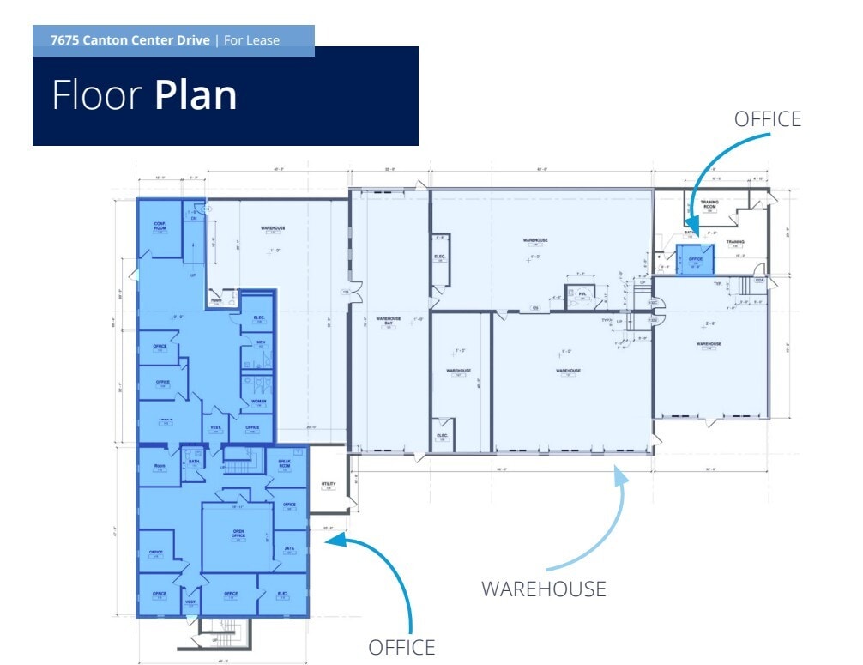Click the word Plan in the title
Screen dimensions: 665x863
pos(196,95)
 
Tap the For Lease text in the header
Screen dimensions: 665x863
pos(251,40)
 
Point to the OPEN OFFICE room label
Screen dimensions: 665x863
pos(238,534)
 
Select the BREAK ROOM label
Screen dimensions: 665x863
pos(285,463)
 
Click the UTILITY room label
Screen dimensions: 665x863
pos(327,485)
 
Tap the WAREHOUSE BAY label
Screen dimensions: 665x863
pos(389,321)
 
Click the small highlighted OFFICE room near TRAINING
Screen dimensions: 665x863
pos(695,258)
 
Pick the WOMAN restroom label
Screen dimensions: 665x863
pos(258,402)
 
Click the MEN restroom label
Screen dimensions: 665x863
pos(261,343)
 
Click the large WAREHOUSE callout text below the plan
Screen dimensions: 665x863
pos(543,589)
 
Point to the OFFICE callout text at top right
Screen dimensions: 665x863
pos(767,119)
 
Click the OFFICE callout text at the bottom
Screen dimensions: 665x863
pos(401,647)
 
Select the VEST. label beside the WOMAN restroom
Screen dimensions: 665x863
pos(214,427)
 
